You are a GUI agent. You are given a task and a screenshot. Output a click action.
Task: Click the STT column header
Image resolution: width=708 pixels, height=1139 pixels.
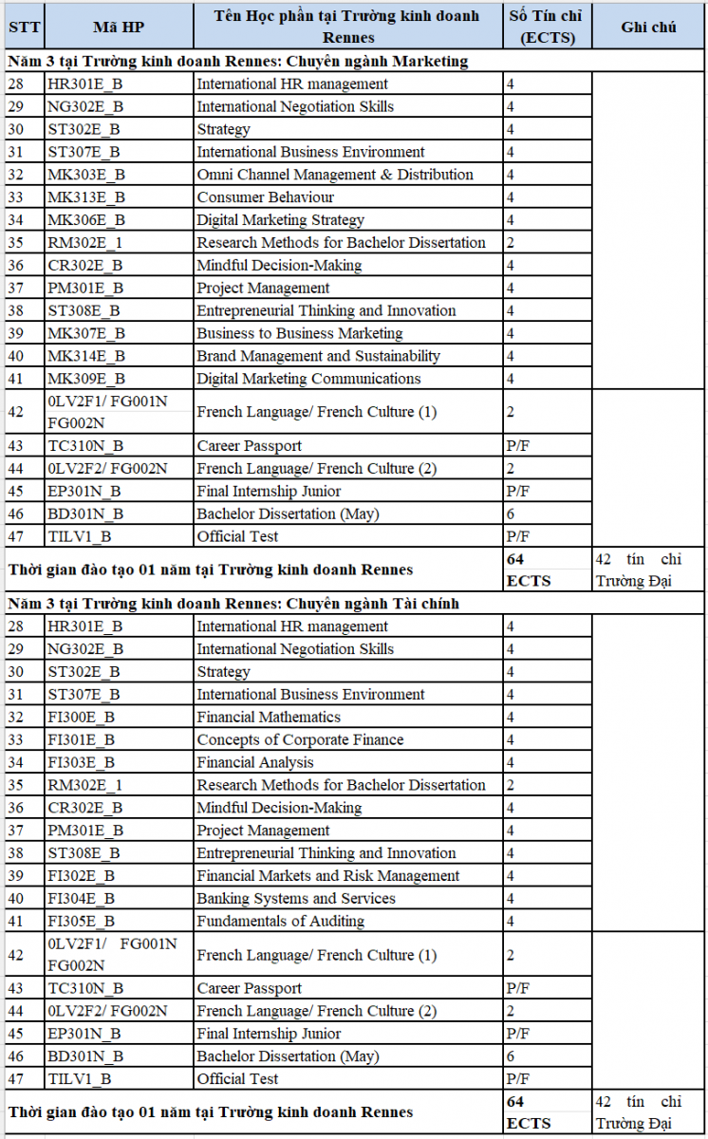click(x=24, y=27)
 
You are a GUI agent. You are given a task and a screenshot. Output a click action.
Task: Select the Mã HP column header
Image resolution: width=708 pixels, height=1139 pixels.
click(x=119, y=27)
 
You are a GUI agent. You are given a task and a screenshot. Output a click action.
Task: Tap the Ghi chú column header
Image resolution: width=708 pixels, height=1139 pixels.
click(x=649, y=27)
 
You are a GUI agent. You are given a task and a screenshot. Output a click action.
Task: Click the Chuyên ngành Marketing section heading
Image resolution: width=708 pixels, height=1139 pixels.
click(x=238, y=62)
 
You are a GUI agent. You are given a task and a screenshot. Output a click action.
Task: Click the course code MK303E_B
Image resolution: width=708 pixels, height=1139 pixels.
click(x=86, y=175)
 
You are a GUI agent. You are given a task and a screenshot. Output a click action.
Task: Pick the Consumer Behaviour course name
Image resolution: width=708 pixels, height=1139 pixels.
click(x=266, y=197)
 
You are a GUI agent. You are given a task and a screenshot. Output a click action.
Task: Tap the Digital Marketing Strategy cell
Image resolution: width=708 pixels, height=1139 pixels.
click(x=280, y=220)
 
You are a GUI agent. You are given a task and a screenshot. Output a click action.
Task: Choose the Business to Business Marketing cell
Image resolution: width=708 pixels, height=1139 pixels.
click(x=300, y=334)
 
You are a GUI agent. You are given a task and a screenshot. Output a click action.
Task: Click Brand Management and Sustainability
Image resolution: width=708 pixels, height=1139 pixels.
click(x=318, y=357)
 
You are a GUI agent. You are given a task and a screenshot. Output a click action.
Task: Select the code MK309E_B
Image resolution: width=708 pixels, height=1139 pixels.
click(x=86, y=379)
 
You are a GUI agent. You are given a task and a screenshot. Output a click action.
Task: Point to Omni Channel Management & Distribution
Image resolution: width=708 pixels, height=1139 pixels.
click(x=335, y=175)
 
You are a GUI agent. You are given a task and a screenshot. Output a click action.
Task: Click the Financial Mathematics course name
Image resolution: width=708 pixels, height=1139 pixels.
click(x=269, y=718)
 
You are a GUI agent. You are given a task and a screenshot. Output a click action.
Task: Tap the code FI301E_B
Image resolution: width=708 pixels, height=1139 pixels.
click(x=82, y=740)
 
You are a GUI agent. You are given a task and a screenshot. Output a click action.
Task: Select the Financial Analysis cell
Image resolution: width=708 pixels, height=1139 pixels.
click(x=254, y=763)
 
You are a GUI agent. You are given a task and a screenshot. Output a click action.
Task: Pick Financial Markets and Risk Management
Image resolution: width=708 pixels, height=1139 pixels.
click(x=328, y=876)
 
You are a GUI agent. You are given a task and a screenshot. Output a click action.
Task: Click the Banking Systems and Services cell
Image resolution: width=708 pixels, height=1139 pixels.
click(x=296, y=899)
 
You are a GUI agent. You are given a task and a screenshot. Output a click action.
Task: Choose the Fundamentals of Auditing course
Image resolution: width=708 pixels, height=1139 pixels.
click(x=280, y=922)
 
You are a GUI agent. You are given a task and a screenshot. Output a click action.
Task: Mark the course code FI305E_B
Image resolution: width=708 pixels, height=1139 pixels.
click(x=82, y=922)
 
